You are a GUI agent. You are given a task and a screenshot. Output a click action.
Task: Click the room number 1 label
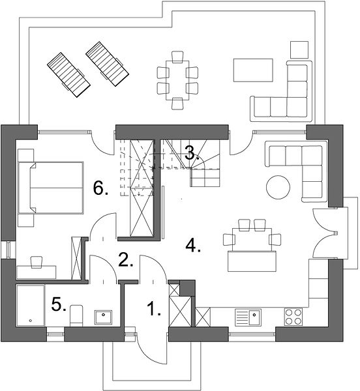pyautogui.click(x=153, y=308)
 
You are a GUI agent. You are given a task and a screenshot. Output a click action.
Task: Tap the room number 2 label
pyautogui.click(x=126, y=259)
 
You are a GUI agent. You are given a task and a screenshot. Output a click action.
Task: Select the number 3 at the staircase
pyautogui.click(x=192, y=153)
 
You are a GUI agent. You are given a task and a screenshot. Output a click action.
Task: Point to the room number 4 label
pyautogui.click(x=193, y=245)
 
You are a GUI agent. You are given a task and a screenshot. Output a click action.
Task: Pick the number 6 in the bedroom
pyautogui.click(x=100, y=188)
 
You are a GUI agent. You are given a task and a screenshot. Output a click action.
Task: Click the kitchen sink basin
pyautogui.click(x=254, y=317)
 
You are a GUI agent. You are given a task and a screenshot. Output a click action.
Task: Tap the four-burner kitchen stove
pyautogui.click(x=293, y=317)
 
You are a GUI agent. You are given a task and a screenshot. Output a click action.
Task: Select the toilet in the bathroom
pyautogui.click(x=76, y=315)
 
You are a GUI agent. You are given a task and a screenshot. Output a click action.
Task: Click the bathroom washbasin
pyautogui.click(x=103, y=317)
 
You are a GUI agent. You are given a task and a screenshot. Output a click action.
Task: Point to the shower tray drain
pyautogui.click(x=31, y=321)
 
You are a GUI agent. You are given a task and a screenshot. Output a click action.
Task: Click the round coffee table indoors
pyautogui.click(x=278, y=187)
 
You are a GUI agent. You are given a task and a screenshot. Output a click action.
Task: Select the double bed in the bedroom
pyautogui.click(x=50, y=188)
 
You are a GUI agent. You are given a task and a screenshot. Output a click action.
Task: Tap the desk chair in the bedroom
pyautogui.click(x=37, y=262)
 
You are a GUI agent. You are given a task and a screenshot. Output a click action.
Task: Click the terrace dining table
pyautogui.click(x=177, y=80)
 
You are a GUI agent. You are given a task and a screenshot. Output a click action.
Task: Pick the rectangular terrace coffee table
pyautogui.click(x=253, y=70)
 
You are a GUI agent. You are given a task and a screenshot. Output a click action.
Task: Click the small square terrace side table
pyautogui.click(x=299, y=50)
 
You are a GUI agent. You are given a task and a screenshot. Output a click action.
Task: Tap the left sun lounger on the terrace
pyautogui.click(x=68, y=75)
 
